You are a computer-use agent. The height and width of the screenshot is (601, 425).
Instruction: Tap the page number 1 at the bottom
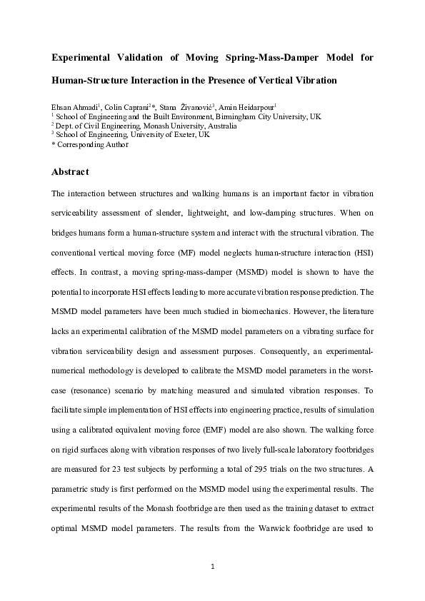(x=212, y=567)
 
